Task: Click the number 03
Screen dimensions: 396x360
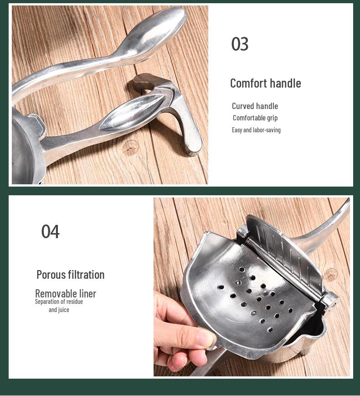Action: pyautogui.click(x=240, y=44)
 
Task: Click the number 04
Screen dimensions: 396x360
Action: pyautogui.click(x=50, y=232)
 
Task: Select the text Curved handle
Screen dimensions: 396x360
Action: pyautogui.click(x=255, y=106)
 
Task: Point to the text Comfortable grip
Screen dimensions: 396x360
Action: pyautogui.click(x=255, y=118)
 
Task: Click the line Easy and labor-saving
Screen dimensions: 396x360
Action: pyautogui.click(x=256, y=130)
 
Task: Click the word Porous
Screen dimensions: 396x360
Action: pyautogui.click(x=51, y=275)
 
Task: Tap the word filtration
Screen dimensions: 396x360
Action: pyautogui.click(x=86, y=275)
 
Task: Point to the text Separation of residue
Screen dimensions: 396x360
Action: pyautogui.click(x=59, y=302)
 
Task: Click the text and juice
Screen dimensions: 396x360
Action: pyautogui.click(x=59, y=310)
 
